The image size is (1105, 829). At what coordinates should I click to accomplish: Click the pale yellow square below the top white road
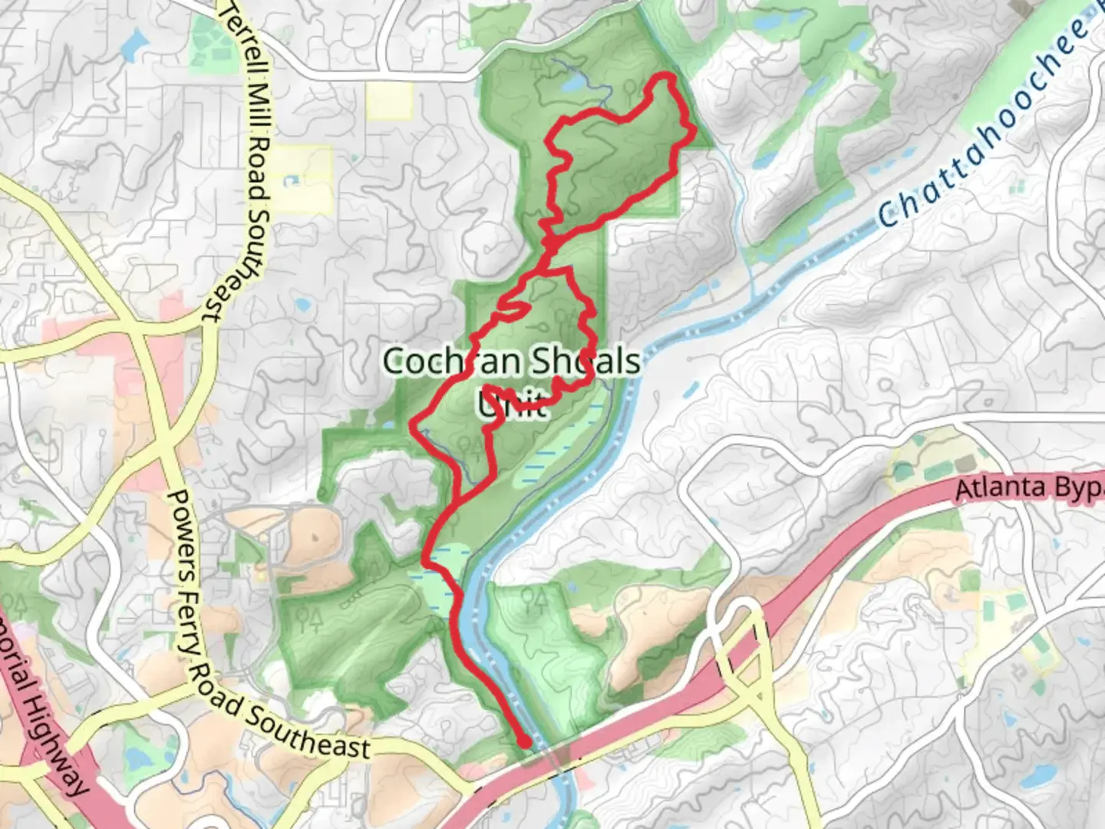coord(389,101)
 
